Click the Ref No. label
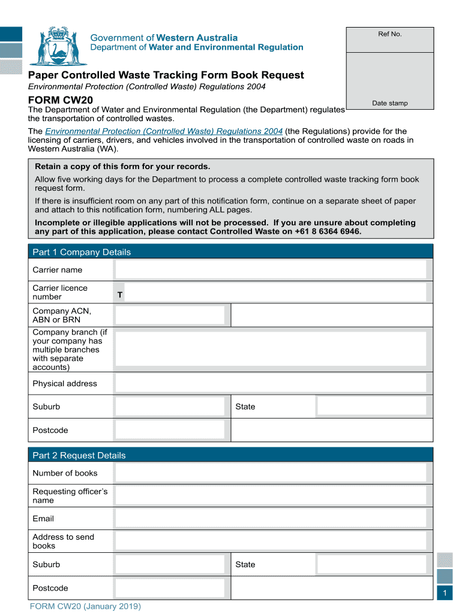[x=389, y=34]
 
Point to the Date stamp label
[x=389, y=103]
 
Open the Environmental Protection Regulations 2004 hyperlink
[x=164, y=131]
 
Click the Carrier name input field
[x=271, y=269]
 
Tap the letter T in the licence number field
[x=120, y=295]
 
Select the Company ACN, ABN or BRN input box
[x=170, y=315]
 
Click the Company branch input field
[x=271, y=349]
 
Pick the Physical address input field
[x=271, y=383]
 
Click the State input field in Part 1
[x=371, y=406]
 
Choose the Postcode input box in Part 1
[x=170, y=430]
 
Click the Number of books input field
[x=271, y=472]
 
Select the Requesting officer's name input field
[x=271, y=495]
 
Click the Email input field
[x=271, y=518]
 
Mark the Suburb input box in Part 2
[x=170, y=564]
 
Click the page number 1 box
[x=445, y=593]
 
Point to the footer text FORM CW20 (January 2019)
[x=86, y=606]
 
